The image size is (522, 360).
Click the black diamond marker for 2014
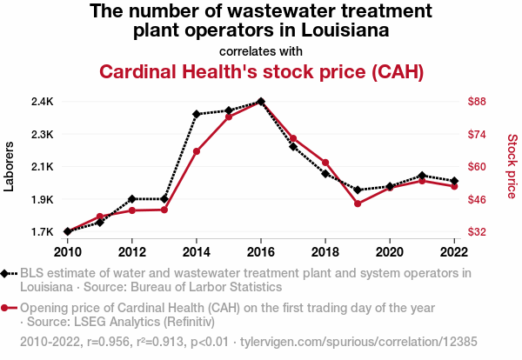coord(197,114)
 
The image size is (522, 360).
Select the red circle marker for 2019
coord(358,203)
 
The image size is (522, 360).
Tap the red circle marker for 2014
coord(197,151)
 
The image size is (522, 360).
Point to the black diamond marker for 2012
coord(132,199)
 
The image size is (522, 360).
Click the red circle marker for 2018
coord(325,163)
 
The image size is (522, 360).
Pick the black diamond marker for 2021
coord(422,176)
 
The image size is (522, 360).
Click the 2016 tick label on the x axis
coord(261,252)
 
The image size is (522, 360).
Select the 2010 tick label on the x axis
coord(68,252)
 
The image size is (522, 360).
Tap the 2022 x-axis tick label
coord(454,252)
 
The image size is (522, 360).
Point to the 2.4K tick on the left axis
coord(42,102)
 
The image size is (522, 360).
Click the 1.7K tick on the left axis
coord(42,232)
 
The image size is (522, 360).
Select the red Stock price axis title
coord(512,166)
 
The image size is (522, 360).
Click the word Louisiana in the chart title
coord(339,31)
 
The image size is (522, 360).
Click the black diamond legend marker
coord(7,273)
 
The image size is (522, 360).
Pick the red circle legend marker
coord(7,308)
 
